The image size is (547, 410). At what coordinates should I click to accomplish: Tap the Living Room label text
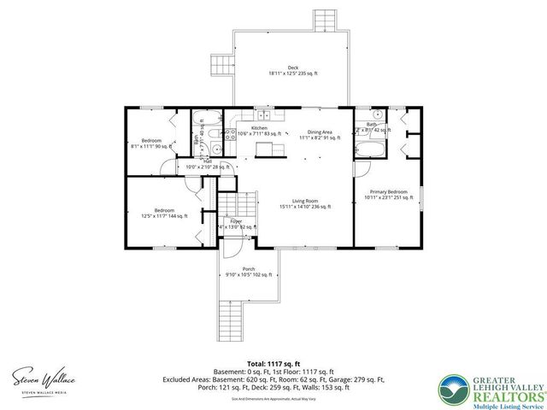coord(305,202)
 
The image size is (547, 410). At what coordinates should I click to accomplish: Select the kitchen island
coord(271,150)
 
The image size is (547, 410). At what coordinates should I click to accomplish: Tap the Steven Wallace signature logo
coord(40,377)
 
